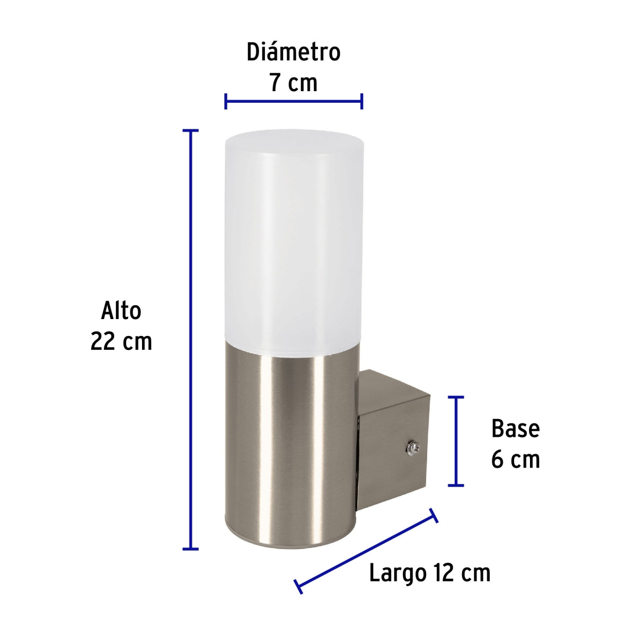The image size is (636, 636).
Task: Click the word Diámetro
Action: pos(293,52)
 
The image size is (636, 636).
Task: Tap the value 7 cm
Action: pos(293,83)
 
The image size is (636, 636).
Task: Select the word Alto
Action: pos(121,311)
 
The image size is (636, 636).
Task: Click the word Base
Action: pos(515,428)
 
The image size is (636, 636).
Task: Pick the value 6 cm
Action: pos(515,460)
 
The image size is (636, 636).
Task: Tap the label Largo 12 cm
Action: pos(429,573)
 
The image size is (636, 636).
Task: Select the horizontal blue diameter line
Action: pos(294,101)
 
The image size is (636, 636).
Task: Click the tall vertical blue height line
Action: pos(190,339)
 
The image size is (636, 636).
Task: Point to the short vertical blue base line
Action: pos(456,441)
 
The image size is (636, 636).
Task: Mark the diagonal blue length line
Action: pos(366,551)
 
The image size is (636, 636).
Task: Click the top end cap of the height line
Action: pos(190,130)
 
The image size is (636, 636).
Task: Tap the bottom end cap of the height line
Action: pos(190,549)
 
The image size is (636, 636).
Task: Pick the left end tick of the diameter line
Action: pos(226,101)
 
